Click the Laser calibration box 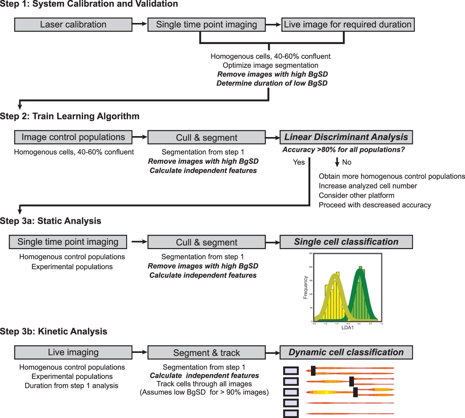click(73, 24)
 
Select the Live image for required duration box click(348, 24)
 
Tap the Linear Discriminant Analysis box click(346, 137)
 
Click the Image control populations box click(73, 137)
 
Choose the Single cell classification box click(346, 242)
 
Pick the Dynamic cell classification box click(346, 352)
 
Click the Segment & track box click(206, 353)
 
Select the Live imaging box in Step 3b click(73, 352)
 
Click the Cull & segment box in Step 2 click(206, 137)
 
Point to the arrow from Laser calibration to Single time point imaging click(140, 24)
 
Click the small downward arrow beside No click(337, 162)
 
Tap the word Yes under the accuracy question click(299, 162)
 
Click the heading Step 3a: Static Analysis click(51, 221)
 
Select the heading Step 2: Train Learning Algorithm click(70, 116)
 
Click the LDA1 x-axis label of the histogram click(348, 328)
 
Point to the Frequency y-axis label click(305, 287)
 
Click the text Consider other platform click(356, 196)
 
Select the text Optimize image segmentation click(270, 65)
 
